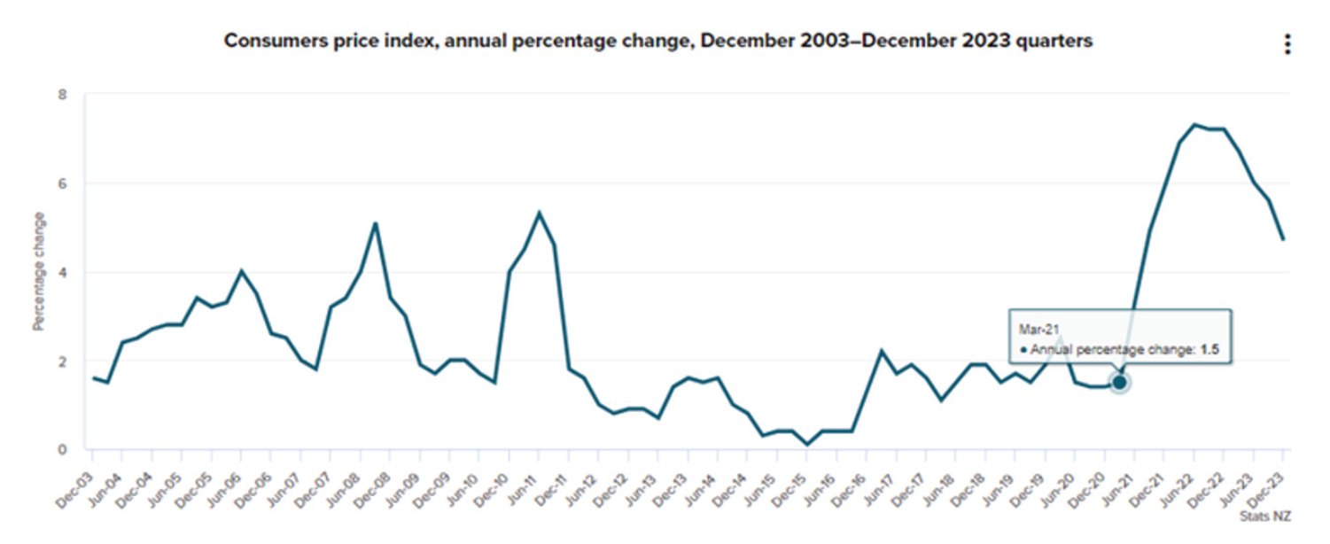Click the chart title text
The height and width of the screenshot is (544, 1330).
coord(657,41)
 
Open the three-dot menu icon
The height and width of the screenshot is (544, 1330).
coord(1287,44)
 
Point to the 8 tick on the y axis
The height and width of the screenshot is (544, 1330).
coord(62,95)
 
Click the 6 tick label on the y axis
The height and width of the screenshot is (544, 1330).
coord(62,183)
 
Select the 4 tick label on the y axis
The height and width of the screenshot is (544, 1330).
coord(62,273)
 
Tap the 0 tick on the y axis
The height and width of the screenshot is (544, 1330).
coord(62,449)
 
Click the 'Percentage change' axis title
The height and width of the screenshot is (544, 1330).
coord(39,271)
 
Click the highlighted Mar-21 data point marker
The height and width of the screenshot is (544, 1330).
coord(1119,383)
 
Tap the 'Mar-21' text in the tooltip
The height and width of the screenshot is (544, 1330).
coord(1039,329)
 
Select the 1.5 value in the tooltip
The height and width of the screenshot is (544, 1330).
coord(1209,349)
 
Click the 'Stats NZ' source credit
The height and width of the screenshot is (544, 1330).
coord(1264,516)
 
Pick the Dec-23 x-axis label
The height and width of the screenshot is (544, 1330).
coord(1267,490)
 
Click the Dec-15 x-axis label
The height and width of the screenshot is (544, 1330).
coord(790,490)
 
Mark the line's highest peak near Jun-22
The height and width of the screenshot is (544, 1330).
coord(1194,124)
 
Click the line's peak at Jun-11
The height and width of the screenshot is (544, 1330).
coord(539,213)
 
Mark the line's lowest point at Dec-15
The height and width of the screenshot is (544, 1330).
coord(807,444)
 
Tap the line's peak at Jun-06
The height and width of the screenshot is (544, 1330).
coord(241,271)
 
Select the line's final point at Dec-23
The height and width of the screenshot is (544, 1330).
coord(1283,239)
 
